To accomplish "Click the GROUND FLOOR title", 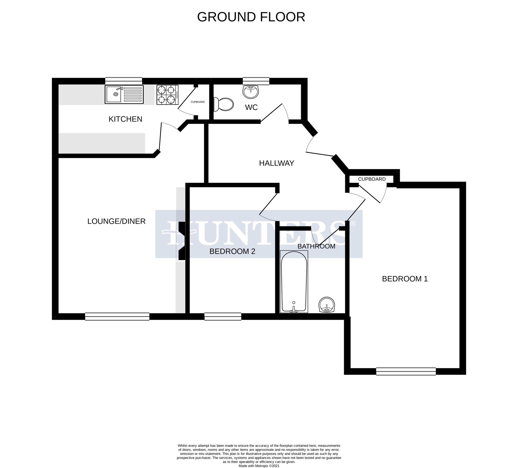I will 251,17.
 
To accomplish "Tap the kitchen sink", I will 124,94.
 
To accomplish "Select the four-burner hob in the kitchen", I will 167,95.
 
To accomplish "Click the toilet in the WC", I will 223,104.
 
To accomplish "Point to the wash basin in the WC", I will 251,92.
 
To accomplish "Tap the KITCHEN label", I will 125,119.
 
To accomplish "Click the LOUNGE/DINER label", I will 116,221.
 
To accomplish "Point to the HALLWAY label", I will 276,163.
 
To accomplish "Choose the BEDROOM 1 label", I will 405,279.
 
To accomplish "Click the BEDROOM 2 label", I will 232,251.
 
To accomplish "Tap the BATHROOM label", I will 316,246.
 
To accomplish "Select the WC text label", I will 251,107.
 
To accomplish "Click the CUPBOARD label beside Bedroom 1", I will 372,179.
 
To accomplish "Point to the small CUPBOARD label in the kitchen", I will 198,102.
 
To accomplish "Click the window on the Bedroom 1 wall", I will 405,371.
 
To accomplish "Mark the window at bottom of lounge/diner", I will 117,316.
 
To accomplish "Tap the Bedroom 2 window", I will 223,316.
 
